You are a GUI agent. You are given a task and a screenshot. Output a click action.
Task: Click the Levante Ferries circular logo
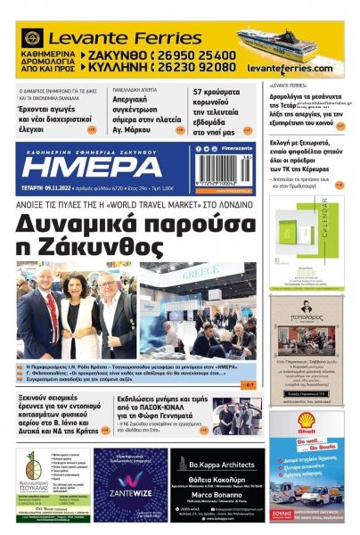pos(32,39)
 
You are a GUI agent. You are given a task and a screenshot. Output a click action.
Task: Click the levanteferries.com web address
pos(290,69)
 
